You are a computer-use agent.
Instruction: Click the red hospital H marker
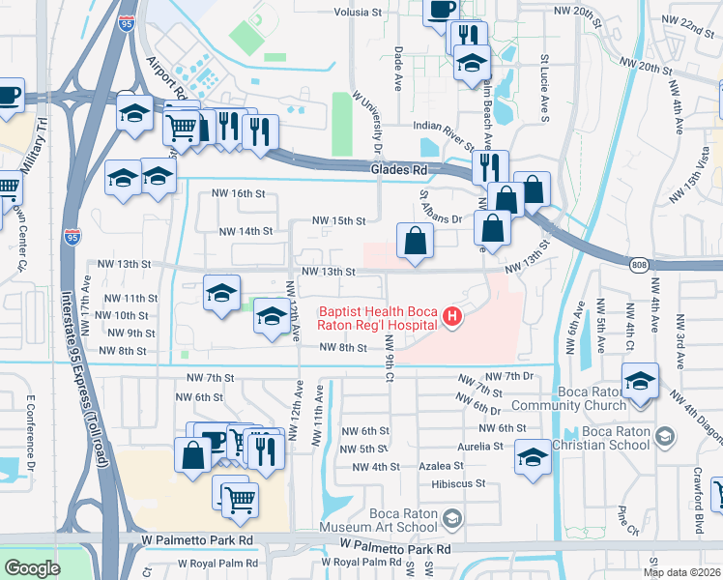(x=450, y=315)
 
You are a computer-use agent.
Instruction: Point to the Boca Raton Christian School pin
(x=664, y=437)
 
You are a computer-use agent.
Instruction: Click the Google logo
(x=32, y=568)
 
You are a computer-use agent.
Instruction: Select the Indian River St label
(x=446, y=127)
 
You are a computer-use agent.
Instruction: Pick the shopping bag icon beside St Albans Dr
(x=415, y=241)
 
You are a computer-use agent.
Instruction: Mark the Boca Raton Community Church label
(x=607, y=399)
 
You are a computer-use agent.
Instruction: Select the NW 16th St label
(x=239, y=193)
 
